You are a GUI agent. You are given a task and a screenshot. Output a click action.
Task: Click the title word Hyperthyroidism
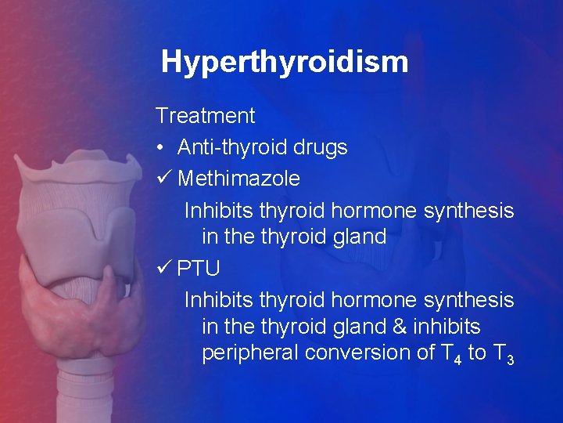(x=284, y=62)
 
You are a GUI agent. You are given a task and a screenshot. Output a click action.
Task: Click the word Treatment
(x=205, y=116)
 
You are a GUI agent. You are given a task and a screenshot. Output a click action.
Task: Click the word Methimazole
(x=238, y=179)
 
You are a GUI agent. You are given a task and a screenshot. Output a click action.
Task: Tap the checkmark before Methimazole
(x=163, y=179)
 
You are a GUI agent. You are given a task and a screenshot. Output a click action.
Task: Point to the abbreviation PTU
(x=199, y=268)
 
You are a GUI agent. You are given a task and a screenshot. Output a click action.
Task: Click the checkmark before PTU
(x=163, y=268)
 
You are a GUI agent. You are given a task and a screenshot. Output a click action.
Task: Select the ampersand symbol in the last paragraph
(x=403, y=327)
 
